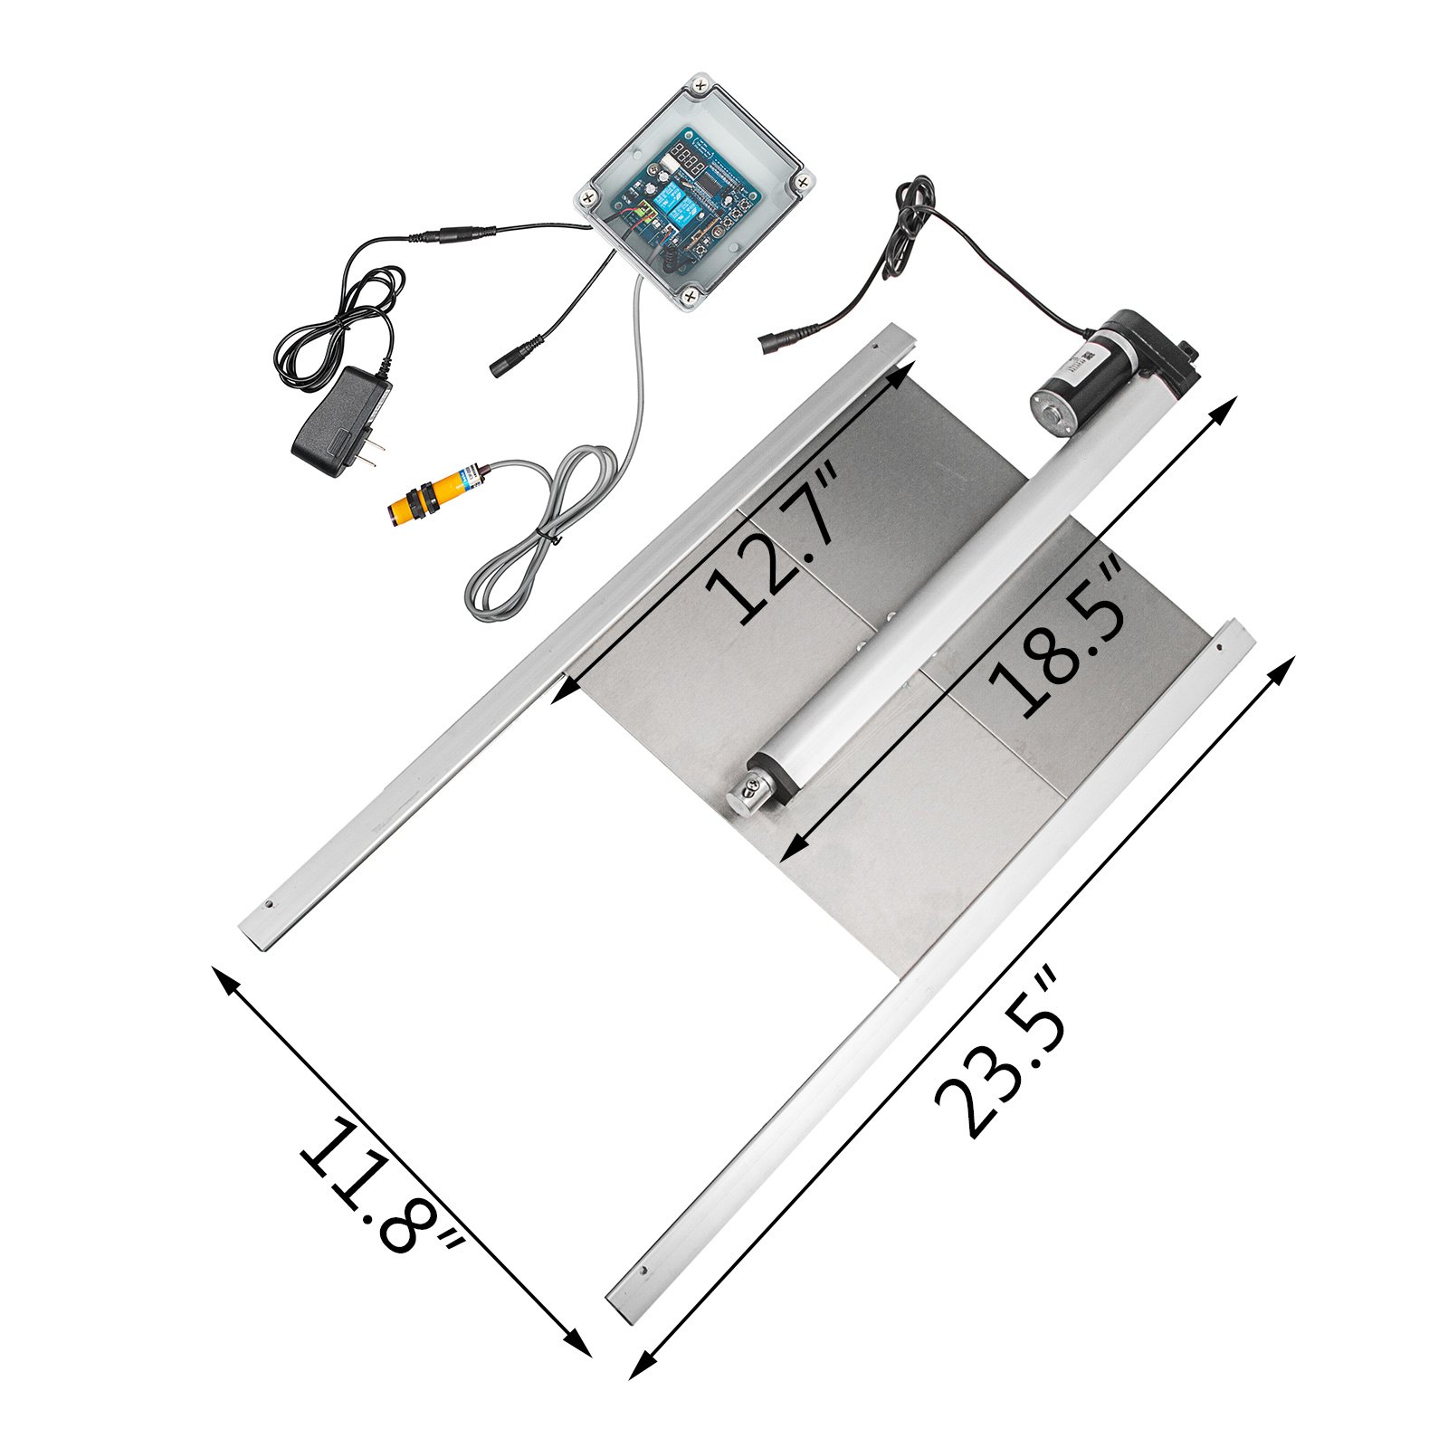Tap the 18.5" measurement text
click(1056, 638)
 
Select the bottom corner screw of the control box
click(690, 294)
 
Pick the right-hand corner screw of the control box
click(803, 182)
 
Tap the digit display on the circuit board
click(691, 166)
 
